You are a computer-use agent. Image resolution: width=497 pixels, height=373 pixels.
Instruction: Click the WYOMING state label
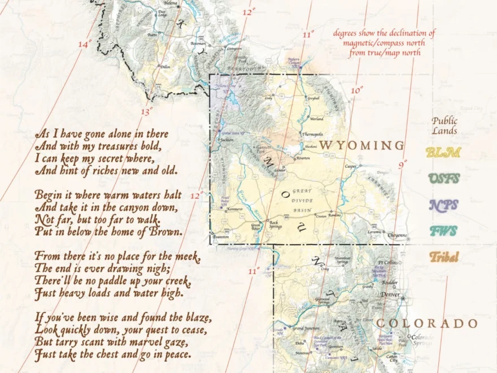pos(361,145)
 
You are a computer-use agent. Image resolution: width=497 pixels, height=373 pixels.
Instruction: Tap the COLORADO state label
pos(427,323)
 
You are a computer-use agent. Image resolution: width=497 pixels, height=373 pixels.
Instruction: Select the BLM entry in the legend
pos(443,152)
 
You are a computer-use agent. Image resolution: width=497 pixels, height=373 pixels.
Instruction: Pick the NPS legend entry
pos(443,205)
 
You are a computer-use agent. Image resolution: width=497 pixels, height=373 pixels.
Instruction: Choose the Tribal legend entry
pos(443,257)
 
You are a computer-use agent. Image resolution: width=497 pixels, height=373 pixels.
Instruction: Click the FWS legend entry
pos(443,231)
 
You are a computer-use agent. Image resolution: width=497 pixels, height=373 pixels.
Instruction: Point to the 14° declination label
pos(84,44)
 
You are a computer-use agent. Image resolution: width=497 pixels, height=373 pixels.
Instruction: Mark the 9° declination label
pos(402,165)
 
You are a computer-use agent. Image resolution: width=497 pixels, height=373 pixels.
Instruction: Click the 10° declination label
pos(357,90)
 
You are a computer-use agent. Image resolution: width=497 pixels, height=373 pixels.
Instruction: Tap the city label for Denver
pos(390,295)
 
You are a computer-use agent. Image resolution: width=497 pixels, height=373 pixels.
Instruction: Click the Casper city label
pos(351,167)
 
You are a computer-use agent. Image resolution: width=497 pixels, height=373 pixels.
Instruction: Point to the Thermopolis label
pos(312,135)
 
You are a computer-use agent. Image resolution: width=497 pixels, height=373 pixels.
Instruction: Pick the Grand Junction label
pos(306,328)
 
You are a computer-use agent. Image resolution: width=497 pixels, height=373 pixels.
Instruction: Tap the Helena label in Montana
pos(171,3)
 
